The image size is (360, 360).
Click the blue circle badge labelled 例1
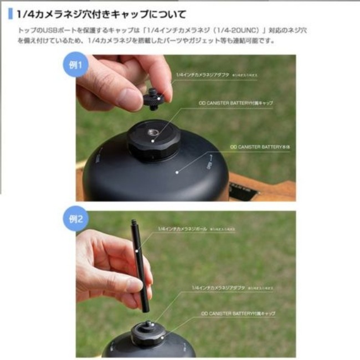pyautogui.click(x=75, y=64)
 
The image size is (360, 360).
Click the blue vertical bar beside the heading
pyautogui.click(x=10, y=14)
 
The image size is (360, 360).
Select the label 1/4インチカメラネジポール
pyautogui.click(x=188, y=228)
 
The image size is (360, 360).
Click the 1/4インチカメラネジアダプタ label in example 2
pyautogui.click(x=222, y=289)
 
